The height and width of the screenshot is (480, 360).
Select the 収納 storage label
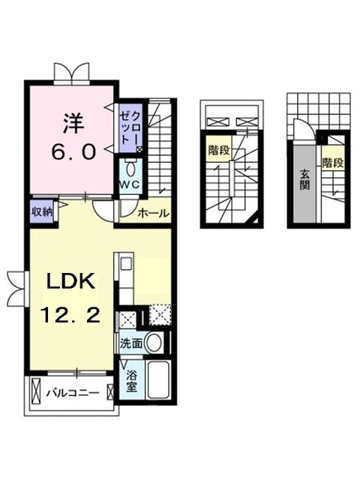coord(42,211)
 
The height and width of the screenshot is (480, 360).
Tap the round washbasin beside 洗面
coord(154,343)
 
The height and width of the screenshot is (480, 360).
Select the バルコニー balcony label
coord(72,392)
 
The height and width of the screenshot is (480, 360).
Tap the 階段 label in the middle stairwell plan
coord(218,149)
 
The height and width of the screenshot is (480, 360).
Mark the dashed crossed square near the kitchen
coord(160,313)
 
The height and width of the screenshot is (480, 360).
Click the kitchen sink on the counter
coord(124,263)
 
